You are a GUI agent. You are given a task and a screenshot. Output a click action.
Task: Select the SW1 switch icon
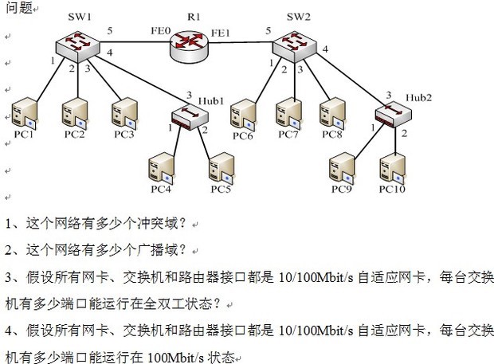coord(74,43)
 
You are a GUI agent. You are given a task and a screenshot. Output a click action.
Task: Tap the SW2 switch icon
coord(298,43)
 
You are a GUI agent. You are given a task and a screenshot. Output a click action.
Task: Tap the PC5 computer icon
coord(221,169)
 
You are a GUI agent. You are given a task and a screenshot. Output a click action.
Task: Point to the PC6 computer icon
coord(242,115)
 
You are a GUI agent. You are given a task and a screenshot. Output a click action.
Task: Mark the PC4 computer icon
coord(161,168)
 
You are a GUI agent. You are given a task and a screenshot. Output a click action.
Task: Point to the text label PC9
coord(343,189)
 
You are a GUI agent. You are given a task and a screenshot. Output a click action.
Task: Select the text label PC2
coord(74,133)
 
